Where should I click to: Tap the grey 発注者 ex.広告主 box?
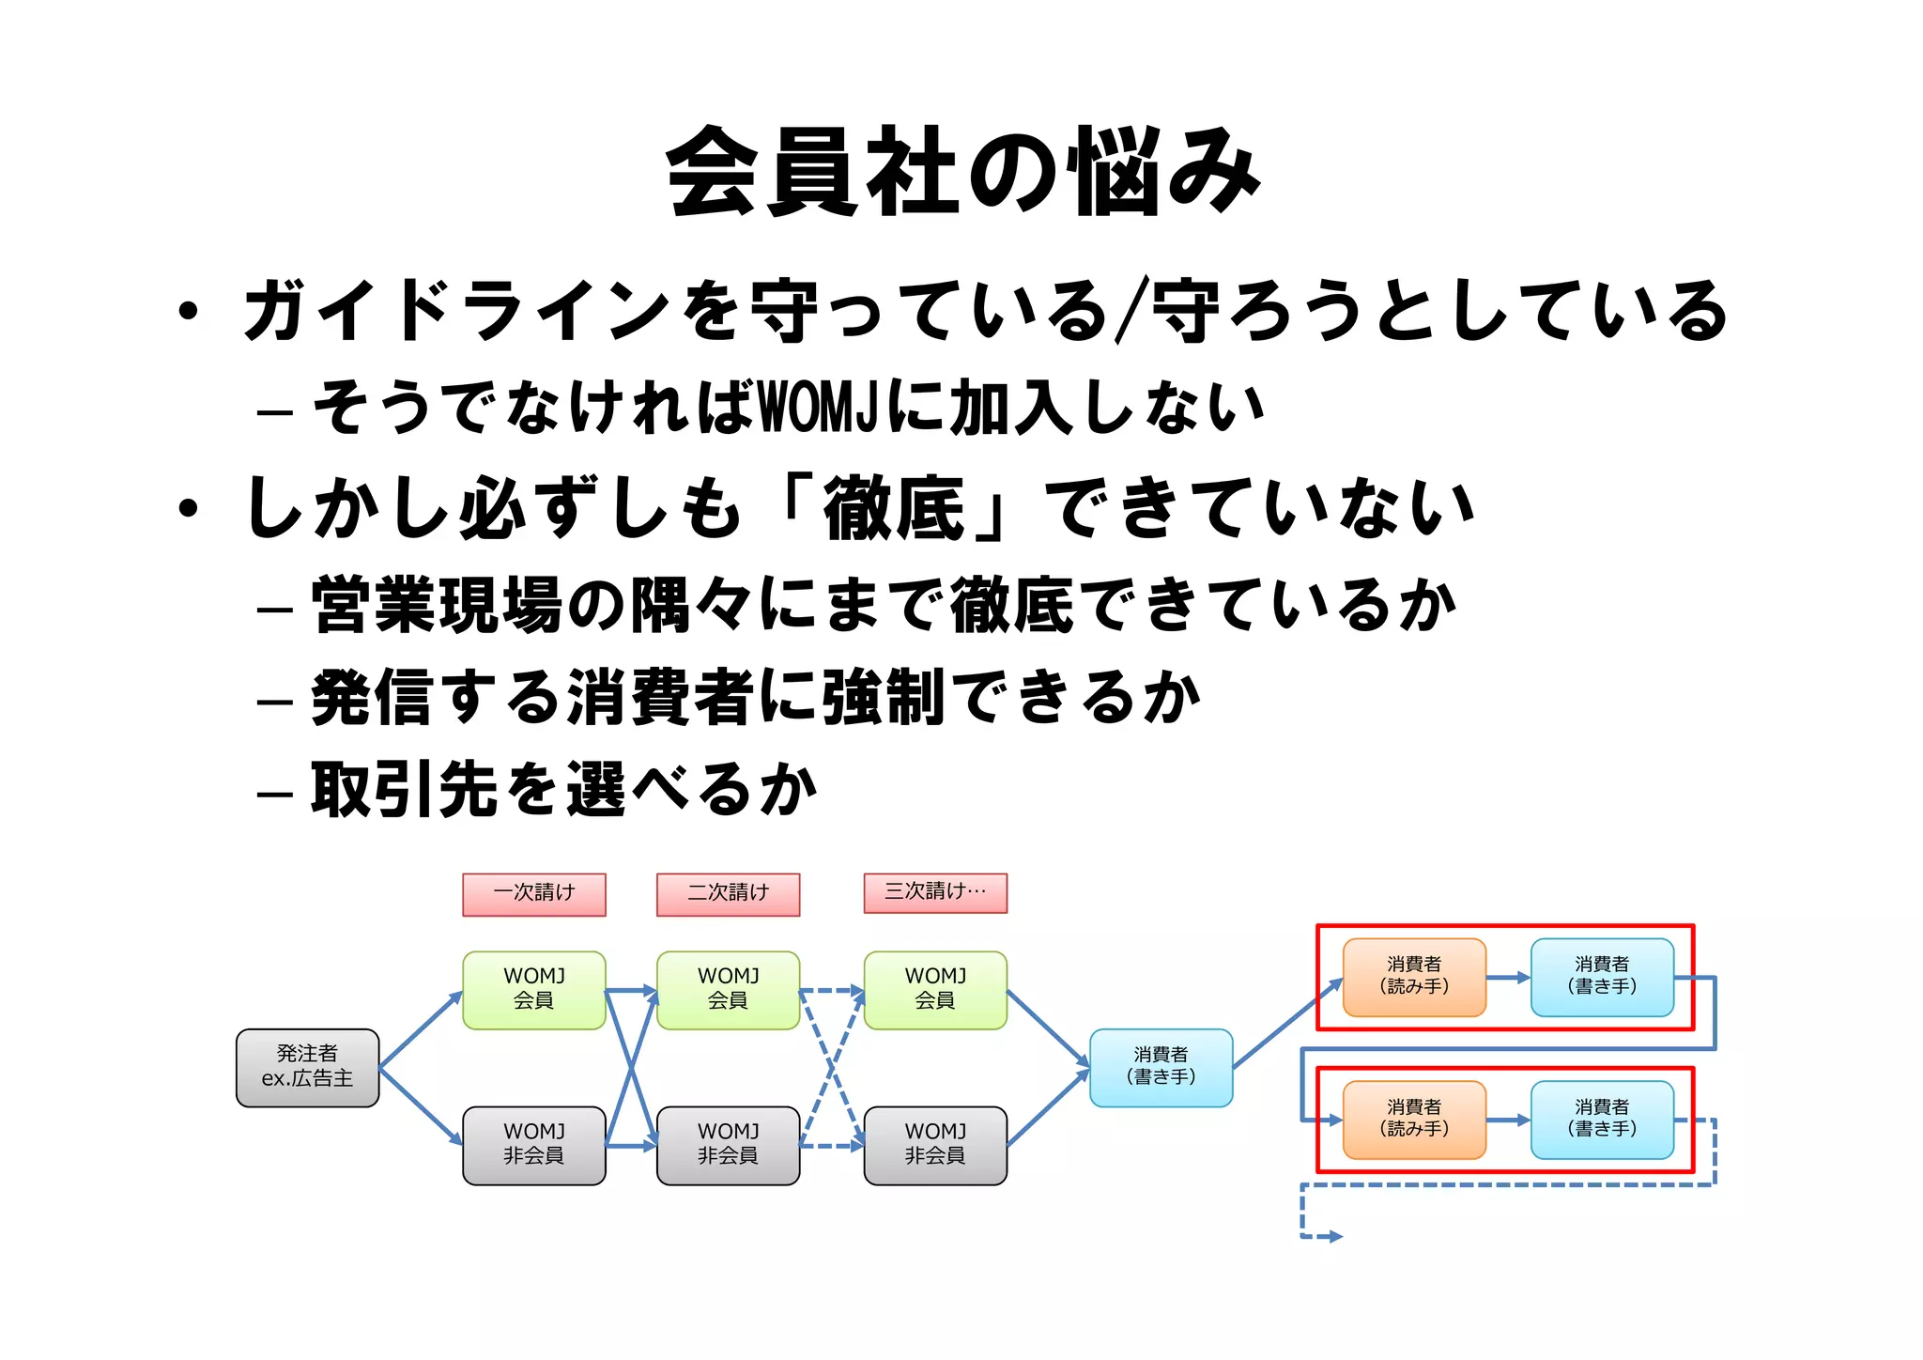pyautogui.click(x=307, y=1067)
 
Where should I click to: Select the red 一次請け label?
pyautogui.click(x=533, y=893)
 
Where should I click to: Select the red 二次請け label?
pyautogui.click(x=728, y=893)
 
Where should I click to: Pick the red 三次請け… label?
pyautogui.click(x=935, y=892)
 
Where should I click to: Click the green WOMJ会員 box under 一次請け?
pyautogui.click(x=533, y=989)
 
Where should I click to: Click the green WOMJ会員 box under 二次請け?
pyautogui.click(x=728, y=989)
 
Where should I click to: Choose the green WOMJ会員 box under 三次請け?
pyautogui.click(x=935, y=989)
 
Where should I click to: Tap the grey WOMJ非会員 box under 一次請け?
pyautogui.click(x=533, y=1144)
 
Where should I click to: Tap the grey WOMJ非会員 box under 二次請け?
pyautogui.click(x=728, y=1144)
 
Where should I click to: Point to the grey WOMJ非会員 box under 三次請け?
pyautogui.click(x=935, y=1144)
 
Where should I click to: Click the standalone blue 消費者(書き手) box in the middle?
pyautogui.click(x=1161, y=1067)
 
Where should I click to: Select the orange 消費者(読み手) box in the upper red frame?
pyautogui.click(x=1414, y=977)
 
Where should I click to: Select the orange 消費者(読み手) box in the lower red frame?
pyautogui.click(x=1414, y=1120)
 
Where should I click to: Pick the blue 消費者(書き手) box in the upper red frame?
pyautogui.click(x=1602, y=977)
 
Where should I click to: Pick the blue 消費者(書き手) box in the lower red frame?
pyautogui.click(x=1602, y=1120)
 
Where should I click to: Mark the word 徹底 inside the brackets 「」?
pyautogui.click(x=893, y=508)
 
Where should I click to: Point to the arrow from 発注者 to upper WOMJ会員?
pyautogui.click(x=421, y=1029)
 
